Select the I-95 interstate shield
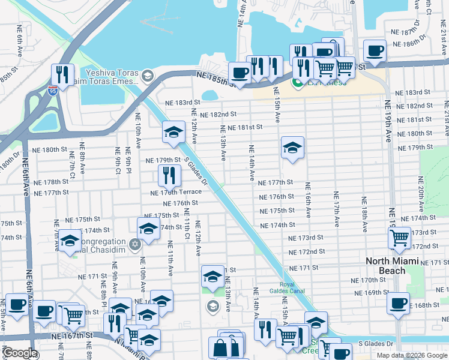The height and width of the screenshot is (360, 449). pos(53,91)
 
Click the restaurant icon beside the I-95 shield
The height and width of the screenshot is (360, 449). pos(62,74)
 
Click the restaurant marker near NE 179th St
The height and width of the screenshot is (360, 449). pos(169,175)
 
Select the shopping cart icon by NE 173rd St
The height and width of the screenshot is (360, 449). pos(399,238)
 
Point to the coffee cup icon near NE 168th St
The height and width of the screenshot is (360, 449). pos(398,303)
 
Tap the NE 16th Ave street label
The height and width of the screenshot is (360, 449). pos(307,200)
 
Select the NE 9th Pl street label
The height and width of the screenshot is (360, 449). pos(128,161)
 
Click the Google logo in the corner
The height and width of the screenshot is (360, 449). pos(20,353)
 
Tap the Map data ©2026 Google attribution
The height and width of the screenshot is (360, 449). pos(412,355)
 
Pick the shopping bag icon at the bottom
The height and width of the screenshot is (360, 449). pos(221,347)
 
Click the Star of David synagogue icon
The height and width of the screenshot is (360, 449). pos(135,244)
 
